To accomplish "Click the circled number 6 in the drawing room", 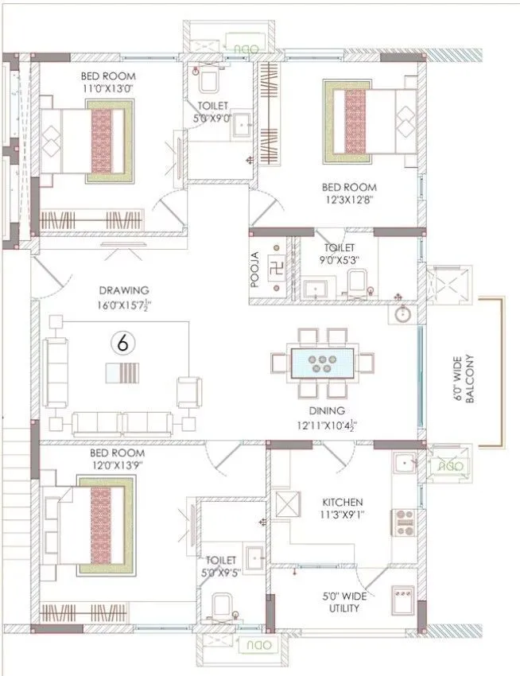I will click(x=121, y=344).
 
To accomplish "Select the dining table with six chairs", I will click(x=323, y=363).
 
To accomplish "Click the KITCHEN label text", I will click(x=342, y=503).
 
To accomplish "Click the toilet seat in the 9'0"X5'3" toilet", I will click(x=357, y=285).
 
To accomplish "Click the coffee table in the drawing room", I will click(x=122, y=374).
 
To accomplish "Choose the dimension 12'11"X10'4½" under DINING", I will click(x=327, y=425).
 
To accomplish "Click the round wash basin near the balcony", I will click(x=402, y=315).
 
